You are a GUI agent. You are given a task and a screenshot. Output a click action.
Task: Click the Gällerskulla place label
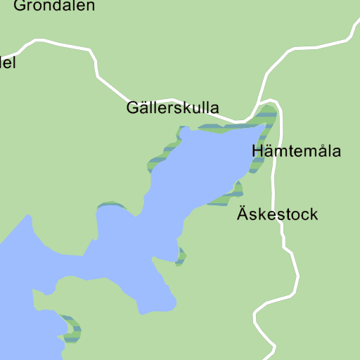(172, 108)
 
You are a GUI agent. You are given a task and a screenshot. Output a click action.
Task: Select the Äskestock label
(277, 214)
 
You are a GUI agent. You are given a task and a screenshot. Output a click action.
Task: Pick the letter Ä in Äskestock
(242, 214)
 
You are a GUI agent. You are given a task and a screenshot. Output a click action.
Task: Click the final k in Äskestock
(314, 214)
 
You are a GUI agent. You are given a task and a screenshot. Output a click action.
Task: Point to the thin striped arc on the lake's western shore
(110, 205)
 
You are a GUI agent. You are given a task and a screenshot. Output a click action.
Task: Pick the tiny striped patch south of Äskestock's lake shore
(181, 257)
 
